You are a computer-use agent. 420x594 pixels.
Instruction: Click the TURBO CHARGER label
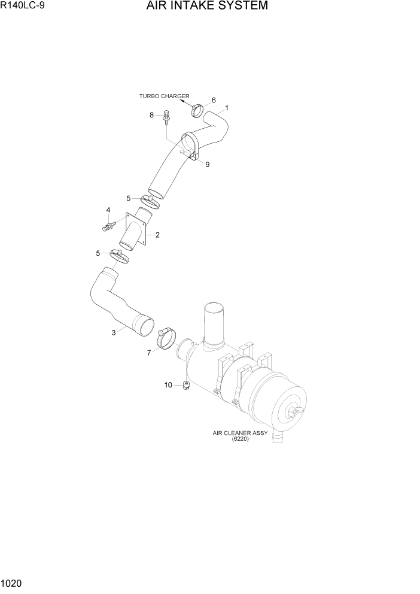click(x=165, y=96)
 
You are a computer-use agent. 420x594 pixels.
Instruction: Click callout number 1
click(x=227, y=109)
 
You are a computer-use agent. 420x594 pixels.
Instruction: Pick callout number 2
click(x=157, y=235)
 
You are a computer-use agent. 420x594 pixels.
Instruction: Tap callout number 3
click(x=113, y=333)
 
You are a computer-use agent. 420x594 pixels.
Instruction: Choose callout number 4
click(x=108, y=210)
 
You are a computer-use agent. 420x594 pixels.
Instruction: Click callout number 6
click(x=214, y=100)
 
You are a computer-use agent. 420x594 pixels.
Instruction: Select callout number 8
click(x=152, y=114)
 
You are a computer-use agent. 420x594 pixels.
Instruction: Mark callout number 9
click(x=207, y=165)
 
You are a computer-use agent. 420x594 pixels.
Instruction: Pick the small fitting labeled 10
click(x=186, y=385)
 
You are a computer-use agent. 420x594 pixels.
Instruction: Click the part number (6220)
click(x=240, y=439)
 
